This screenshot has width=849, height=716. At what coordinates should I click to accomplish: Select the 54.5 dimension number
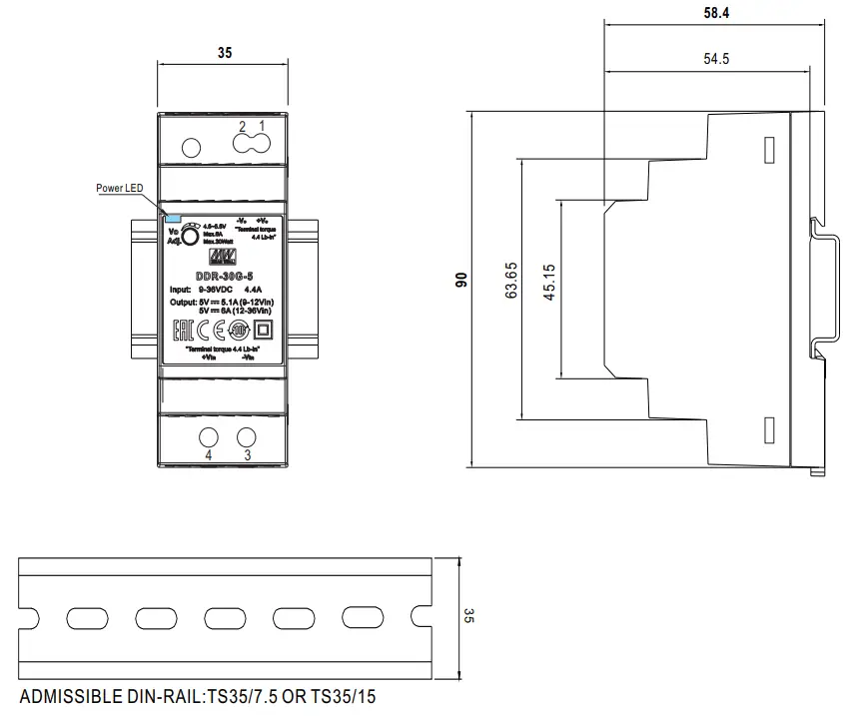tap(715, 59)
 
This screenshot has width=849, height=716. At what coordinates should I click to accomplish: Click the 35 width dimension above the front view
tap(224, 53)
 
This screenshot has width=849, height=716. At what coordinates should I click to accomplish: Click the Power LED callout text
tap(119, 188)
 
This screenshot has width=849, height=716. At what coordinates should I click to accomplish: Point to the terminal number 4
tap(209, 455)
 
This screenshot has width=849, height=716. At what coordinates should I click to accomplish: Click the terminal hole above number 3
tap(246, 436)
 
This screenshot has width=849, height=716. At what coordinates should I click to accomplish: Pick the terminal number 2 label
tap(243, 127)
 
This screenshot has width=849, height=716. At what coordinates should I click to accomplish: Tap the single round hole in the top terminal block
tap(190, 148)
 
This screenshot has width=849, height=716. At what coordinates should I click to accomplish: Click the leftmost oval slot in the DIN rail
tap(82, 616)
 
